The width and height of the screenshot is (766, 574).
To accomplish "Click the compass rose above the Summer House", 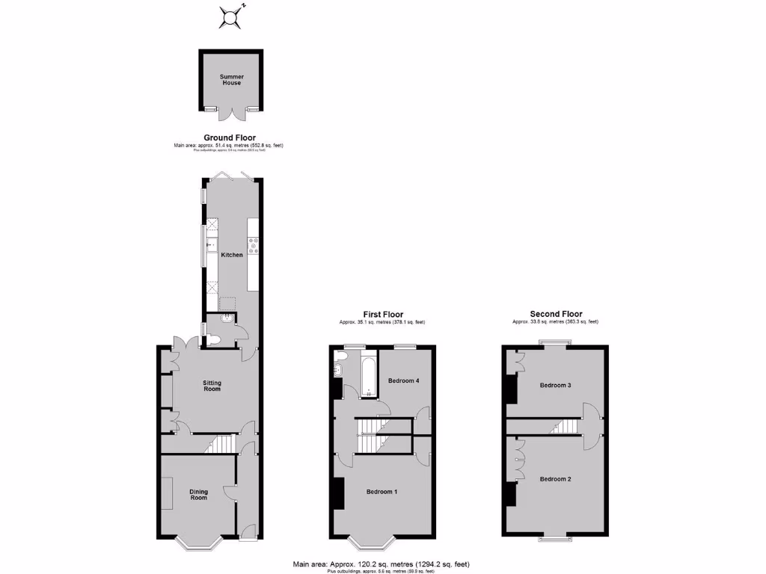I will [232, 16].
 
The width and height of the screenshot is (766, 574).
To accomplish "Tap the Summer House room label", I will [231, 80].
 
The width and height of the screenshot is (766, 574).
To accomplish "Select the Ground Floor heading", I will [230, 138].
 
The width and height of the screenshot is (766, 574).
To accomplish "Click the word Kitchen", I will [232, 255].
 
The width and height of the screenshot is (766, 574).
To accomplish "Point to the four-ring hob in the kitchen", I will [253, 244].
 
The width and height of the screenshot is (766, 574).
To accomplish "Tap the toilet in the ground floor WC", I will [214, 339].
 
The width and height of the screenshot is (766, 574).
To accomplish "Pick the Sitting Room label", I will [212, 386].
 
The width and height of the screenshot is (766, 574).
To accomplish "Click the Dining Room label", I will [198, 494].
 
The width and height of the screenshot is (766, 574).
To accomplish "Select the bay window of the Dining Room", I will [198, 542].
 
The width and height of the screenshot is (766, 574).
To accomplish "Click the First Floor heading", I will [382, 315].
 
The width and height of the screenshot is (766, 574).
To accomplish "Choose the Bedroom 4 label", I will [403, 381].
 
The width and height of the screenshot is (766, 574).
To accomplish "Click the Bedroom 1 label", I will [382, 492].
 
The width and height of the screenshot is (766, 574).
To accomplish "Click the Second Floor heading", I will [556, 314].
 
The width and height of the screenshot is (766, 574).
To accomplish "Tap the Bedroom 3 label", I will [556, 386].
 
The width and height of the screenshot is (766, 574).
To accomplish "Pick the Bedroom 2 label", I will [556, 479].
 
